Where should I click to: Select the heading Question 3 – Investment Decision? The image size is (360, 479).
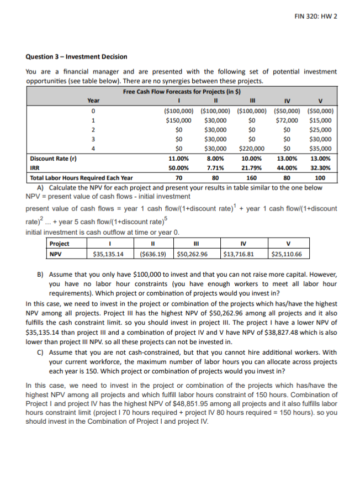[77, 56]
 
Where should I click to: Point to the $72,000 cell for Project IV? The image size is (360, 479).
[287, 119]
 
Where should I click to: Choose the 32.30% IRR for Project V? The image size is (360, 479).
[321, 168]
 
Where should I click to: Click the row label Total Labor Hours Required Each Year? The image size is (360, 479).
[81, 178]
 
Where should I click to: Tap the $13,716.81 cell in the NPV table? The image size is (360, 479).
[238, 254]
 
